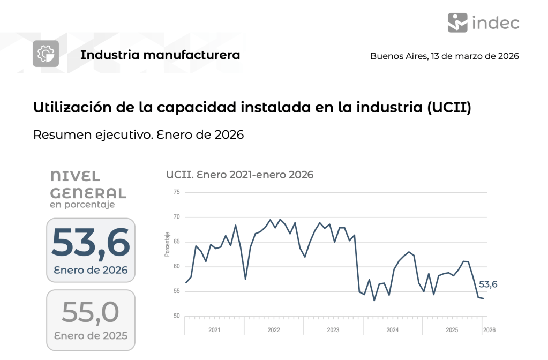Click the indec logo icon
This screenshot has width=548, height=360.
coord(457,22)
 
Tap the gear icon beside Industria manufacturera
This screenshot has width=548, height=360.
coord(46,54)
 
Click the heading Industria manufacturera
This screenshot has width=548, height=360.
coord(160,55)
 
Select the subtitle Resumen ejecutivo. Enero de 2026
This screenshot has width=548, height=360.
coord(138,134)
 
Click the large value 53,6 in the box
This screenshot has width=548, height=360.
coord(91,243)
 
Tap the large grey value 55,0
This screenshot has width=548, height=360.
coord(91,312)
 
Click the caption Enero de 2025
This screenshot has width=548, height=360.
coord(91,336)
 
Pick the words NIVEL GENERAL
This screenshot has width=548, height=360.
coord(88,185)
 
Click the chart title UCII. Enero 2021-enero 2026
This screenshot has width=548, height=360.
coord(239,175)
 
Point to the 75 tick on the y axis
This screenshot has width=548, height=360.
coord(177,192)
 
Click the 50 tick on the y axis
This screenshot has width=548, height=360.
coord(177,316)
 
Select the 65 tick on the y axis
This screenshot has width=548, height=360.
coord(177,242)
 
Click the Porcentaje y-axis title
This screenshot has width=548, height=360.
coord(168,244)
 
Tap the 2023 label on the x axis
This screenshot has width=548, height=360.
coord(333,330)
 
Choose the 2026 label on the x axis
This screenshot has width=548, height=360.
coord(489,330)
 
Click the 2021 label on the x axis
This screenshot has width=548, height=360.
coord(214,330)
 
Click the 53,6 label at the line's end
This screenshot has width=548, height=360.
coord(487,284)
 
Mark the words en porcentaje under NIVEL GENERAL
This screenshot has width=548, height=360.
coord(82,205)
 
